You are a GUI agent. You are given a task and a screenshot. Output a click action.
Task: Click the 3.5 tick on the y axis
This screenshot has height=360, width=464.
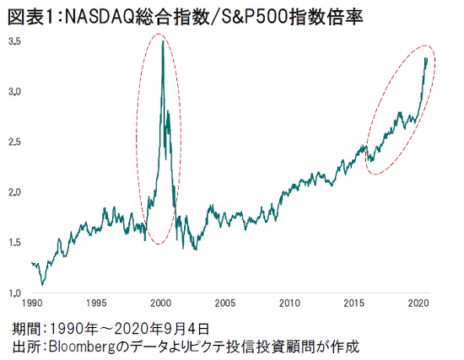pyautogui.click(x=14, y=41)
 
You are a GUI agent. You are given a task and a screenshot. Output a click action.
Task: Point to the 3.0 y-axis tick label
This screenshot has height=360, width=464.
pyautogui.click(x=14, y=92)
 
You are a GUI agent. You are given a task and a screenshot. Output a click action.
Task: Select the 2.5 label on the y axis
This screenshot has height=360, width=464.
pyautogui.click(x=14, y=142)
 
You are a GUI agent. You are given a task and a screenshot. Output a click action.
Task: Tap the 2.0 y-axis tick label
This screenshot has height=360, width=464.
pyautogui.click(x=14, y=192)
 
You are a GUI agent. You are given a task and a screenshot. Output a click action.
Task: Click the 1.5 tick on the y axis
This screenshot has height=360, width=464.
pyautogui.click(x=14, y=243)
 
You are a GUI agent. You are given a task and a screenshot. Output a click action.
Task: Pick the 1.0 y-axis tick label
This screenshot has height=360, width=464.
pyautogui.click(x=14, y=293)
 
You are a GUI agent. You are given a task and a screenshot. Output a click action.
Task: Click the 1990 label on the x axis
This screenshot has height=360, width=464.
pyautogui.click(x=32, y=303)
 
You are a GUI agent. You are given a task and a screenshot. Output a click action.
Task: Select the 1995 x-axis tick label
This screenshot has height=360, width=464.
pyautogui.click(x=96, y=303)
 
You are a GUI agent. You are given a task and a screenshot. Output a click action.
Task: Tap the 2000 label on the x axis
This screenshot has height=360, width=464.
pyautogui.click(x=160, y=303)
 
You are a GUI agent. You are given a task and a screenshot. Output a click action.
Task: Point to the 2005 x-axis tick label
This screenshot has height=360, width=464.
pyautogui.click(x=225, y=303)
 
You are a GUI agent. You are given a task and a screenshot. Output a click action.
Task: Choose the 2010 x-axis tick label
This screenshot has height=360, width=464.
pyautogui.click(x=289, y=303)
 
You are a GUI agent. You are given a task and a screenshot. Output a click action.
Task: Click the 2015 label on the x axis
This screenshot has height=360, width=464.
pyautogui.click(x=354, y=303)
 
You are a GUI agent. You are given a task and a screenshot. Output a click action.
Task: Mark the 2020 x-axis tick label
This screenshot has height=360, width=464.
pyautogui.click(x=418, y=303)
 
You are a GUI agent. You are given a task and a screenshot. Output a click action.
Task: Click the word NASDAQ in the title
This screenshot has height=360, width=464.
pyautogui.click(x=100, y=17)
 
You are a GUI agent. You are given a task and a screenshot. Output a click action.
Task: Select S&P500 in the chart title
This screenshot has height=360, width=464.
pyautogui.click(x=255, y=17)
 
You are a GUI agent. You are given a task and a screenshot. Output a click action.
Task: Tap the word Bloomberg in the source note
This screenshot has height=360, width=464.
pyautogui.click(x=81, y=347)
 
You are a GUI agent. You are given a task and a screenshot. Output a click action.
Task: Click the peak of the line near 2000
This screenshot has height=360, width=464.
pyautogui.click(x=163, y=40)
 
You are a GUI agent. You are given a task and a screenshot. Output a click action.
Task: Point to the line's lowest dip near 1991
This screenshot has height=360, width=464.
pyautogui.click(x=42, y=285)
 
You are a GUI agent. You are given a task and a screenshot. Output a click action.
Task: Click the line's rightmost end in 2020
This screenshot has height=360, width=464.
pyautogui.click(x=427, y=58)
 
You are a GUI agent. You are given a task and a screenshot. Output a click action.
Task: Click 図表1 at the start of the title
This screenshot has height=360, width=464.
pyautogui.click(x=30, y=17)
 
